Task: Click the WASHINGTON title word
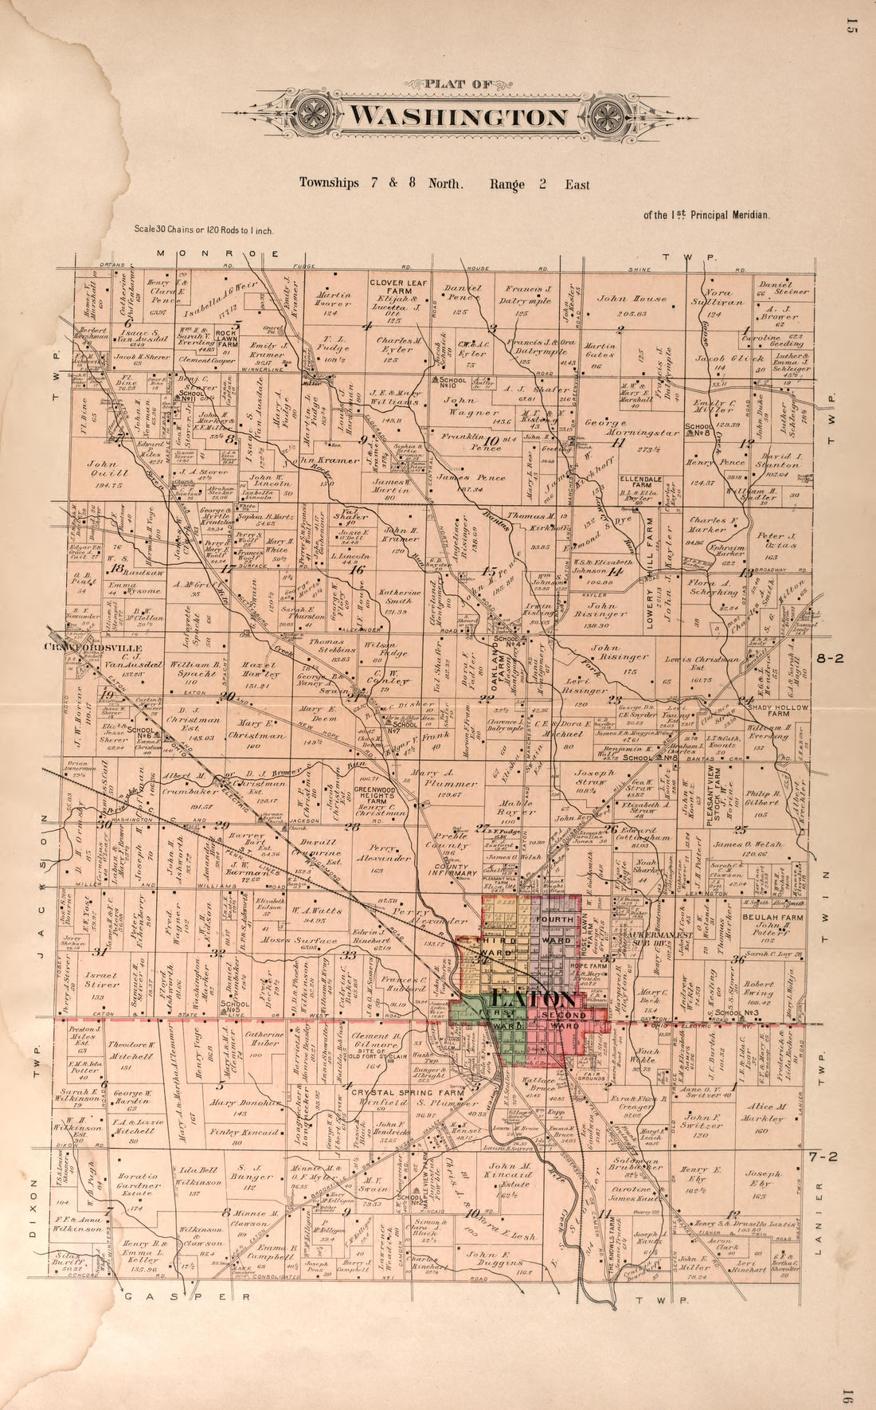460,117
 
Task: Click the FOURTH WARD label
554,926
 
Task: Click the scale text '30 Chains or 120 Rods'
204,230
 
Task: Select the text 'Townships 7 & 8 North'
381,183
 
